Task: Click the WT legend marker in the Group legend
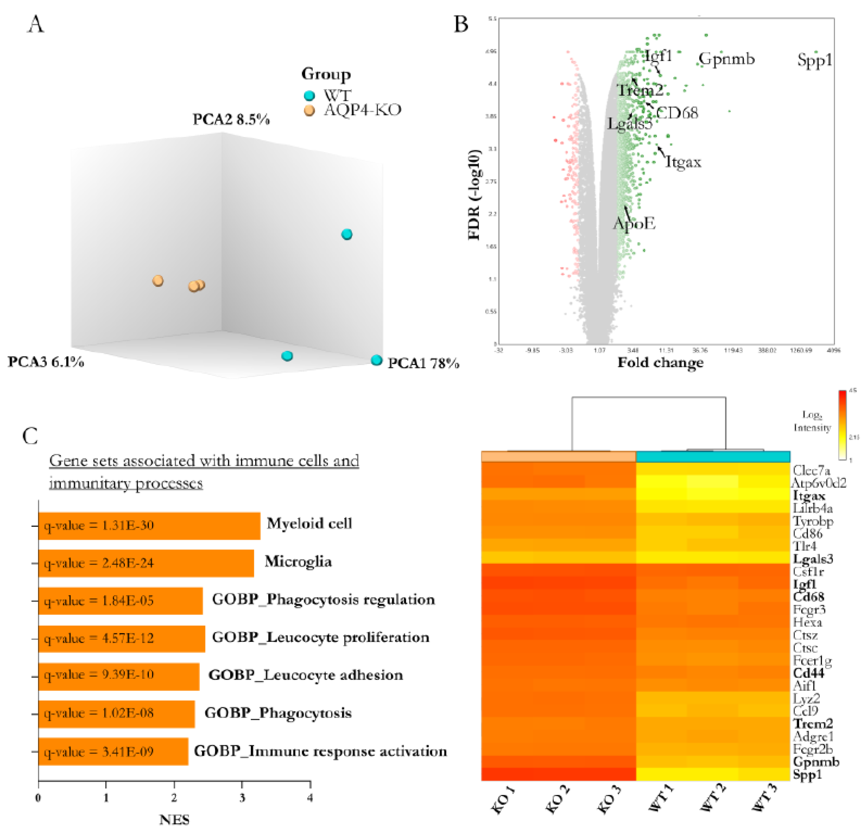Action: (310, 96)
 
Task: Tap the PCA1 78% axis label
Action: (423, 363)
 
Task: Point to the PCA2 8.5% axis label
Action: (231, 120)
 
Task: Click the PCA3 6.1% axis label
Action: (46, 362)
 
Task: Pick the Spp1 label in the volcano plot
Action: (814, 60)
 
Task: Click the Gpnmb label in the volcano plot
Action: (727, 59)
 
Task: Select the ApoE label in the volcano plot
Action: (634, 224)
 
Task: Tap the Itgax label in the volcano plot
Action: (683, 162)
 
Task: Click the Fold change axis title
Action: (660, 363)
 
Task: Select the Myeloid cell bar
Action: (149, 525)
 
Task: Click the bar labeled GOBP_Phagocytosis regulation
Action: (120, 601)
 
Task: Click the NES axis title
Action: (174, 820)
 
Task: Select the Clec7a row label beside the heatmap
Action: (811, 470)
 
